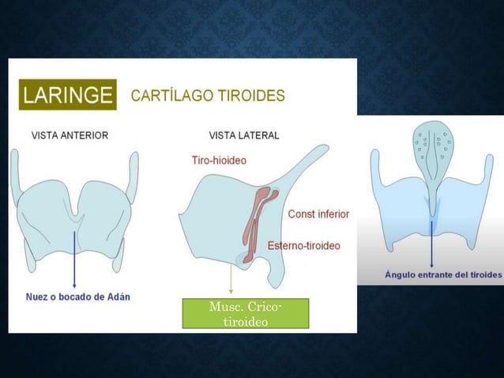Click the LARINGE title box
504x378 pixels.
coord(67,95)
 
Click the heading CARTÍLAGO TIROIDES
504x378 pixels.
coord(208,96)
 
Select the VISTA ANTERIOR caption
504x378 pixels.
coord(70,135)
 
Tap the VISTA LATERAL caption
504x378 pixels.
coord(244,135)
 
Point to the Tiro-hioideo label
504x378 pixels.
coord(219,160)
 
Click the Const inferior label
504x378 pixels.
coord(318,214)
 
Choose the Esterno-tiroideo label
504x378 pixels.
coord(304,245)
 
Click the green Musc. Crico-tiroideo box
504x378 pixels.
coord(244,313)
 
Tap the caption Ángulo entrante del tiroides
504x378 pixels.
coord(443,274)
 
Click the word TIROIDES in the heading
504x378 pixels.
coord(254,96)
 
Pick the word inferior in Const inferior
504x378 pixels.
coord(332,214)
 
